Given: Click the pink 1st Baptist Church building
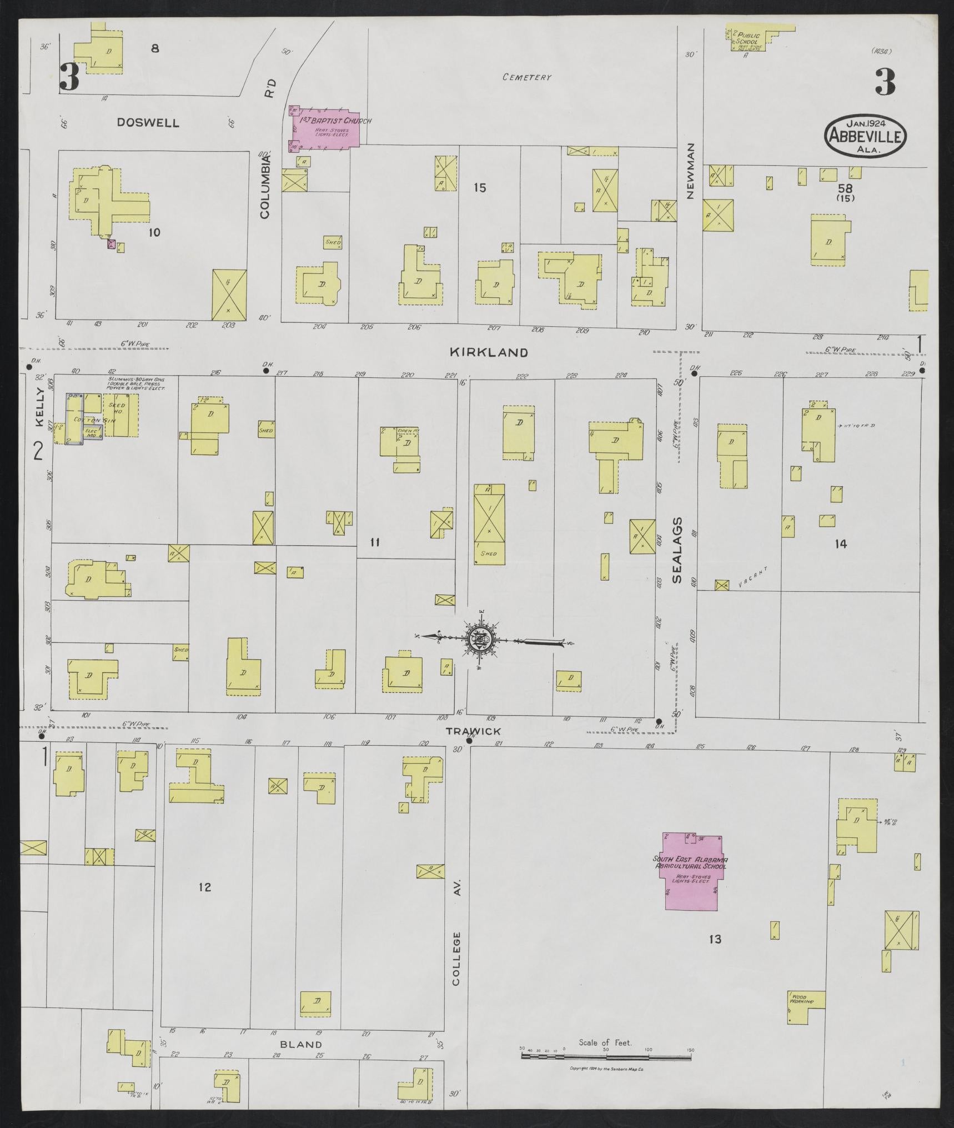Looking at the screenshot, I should (x=325, y=127).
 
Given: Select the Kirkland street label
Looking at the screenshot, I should (x=488, y=352).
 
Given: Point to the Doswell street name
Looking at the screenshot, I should (x=148, y=123).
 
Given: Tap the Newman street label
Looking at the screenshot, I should (x=690, y=171).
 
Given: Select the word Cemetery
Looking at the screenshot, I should (x=526, y=77).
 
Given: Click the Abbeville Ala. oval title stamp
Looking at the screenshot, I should (x=866, y=134).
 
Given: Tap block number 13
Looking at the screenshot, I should (x=715, y=939).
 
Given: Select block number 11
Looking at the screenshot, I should (x=375, y=542).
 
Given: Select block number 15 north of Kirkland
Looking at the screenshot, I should (x=480, y=188).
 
